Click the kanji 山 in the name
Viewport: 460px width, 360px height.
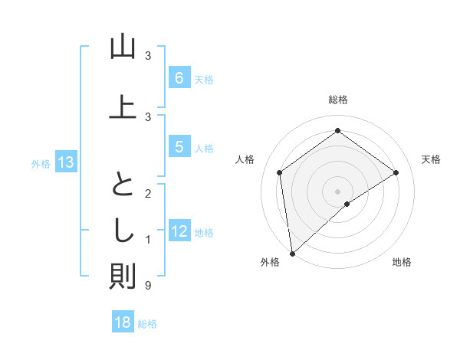pos(123,47)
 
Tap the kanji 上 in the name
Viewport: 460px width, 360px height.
pos(123,106)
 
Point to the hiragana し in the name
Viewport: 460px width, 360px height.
pos(123,229)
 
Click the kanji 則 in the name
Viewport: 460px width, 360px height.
pos(123,277)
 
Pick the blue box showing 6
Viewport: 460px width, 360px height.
pos(179,78)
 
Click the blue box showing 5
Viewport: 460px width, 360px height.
pos(179,148)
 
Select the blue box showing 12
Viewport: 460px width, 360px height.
pos(179,231)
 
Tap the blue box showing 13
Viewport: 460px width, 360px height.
pos(65,162)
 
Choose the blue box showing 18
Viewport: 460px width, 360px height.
pos(123,322)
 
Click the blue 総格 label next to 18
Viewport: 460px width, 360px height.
pos(147,324)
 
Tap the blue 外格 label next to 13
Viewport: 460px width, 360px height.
pos(40,163)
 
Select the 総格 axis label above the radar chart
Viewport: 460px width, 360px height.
pos(338,100)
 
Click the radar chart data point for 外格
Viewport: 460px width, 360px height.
pos(291,254)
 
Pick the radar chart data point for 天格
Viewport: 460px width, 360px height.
pos(396,172)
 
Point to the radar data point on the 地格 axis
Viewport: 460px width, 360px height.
pos(347,204)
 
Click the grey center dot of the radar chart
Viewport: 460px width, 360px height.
pos(338,191)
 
